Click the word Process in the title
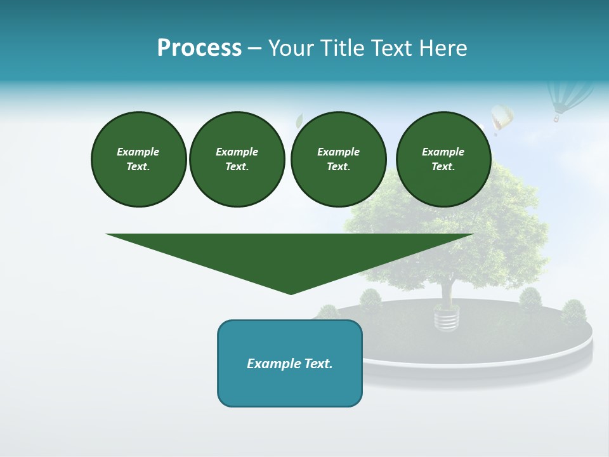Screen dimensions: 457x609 click(199, 48)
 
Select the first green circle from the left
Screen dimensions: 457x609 click(138, 159)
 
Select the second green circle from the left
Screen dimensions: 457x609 click(237, 159)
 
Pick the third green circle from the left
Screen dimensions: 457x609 click(338, 159)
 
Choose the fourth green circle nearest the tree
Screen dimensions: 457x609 click(443, 159)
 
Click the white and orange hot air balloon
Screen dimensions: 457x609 click(501, 118)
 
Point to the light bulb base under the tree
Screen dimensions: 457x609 click(447, 317)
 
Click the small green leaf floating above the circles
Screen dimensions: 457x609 click(299, 120)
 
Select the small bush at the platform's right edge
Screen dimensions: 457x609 click(573, 312)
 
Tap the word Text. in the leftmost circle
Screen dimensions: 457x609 click(138, 167)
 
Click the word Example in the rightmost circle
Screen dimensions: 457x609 click(443, 152)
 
